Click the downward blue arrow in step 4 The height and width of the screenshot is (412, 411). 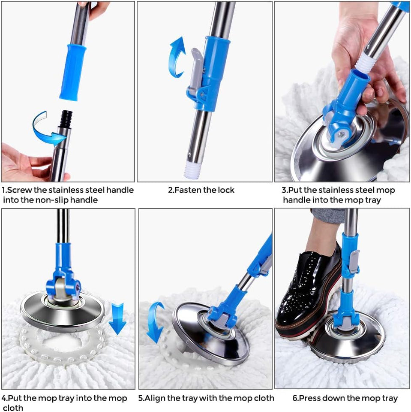(x=117, y=318)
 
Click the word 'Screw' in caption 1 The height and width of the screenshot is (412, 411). (x=19, y=190)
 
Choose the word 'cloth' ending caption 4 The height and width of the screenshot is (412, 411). (x=13, y=408)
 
